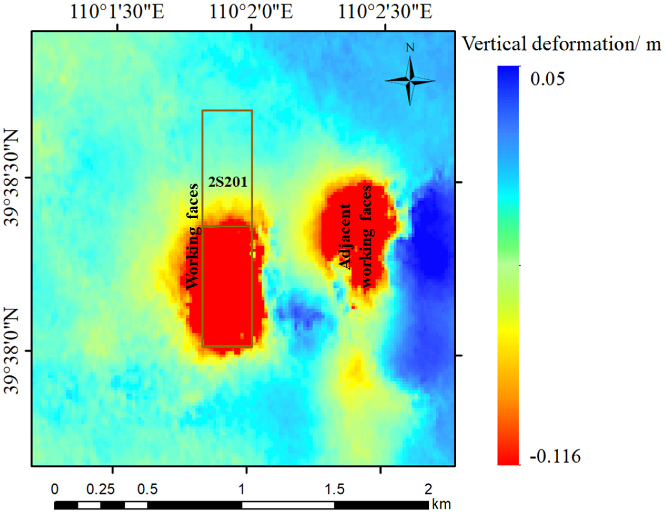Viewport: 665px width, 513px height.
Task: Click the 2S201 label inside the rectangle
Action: [x=228, y=182]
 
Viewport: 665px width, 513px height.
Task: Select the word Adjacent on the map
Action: [x=345, y=237]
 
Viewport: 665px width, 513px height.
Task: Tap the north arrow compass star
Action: [x=410, y=81]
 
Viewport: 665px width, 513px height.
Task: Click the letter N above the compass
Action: [x=410, y=48]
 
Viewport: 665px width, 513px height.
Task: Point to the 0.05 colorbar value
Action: [x=547, y=79]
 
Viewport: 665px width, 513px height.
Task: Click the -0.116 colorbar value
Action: [x=555, y=457]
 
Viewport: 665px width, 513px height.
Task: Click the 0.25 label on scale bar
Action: [x=100, y=490]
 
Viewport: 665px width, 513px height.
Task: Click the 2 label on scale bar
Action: [x=428, y=490]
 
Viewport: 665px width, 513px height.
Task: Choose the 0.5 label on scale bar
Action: [x=147, y=490]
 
